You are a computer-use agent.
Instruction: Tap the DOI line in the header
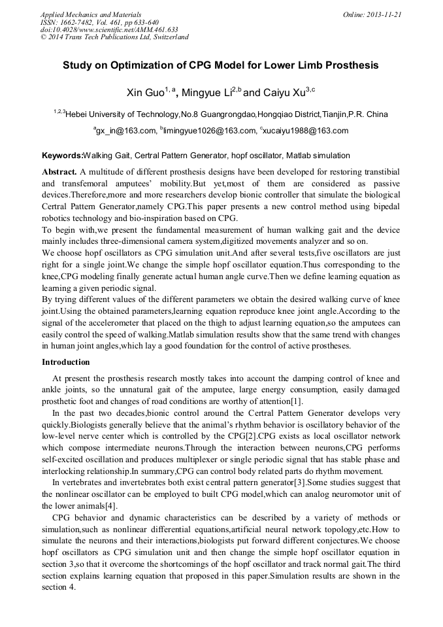pyautogui.click(x=109, y=29)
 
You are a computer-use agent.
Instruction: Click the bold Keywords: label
pyautogui.click(x=63, y=156)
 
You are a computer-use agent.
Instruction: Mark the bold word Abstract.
pyautogui.click(x=59, y=171)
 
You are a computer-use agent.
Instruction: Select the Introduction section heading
pyautogui.click(x=66, y=362)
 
